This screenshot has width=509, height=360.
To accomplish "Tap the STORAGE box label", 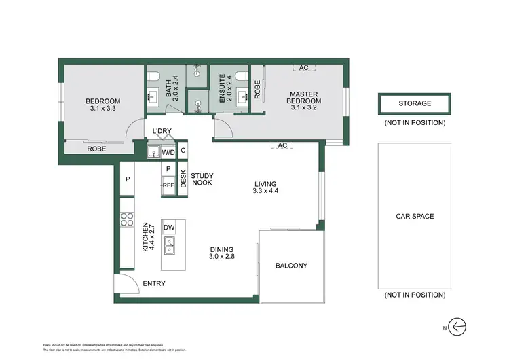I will (x=414, y=103).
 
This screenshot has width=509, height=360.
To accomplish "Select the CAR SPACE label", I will (x=415, y=217).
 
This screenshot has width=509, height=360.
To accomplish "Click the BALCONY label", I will (x=292, y=266).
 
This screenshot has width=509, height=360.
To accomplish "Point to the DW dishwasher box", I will (x=169, y=228).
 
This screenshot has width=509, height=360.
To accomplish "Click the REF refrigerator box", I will (x=168, y=185).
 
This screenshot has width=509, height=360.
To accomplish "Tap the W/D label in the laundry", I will (x=168, y=151).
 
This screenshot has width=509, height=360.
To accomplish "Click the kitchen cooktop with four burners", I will (x=127, y=219).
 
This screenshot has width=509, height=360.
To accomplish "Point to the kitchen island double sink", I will (x=169, y=249).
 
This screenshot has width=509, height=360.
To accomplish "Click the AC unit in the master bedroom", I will (x=303, y=67).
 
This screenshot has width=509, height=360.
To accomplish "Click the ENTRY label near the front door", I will (x=153, y=283).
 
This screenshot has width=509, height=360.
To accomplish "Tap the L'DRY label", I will (x=162, y=131).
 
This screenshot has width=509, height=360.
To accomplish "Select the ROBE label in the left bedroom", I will (x=95, y=149).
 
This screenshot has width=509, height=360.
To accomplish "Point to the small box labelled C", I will (x=183, y=151).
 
